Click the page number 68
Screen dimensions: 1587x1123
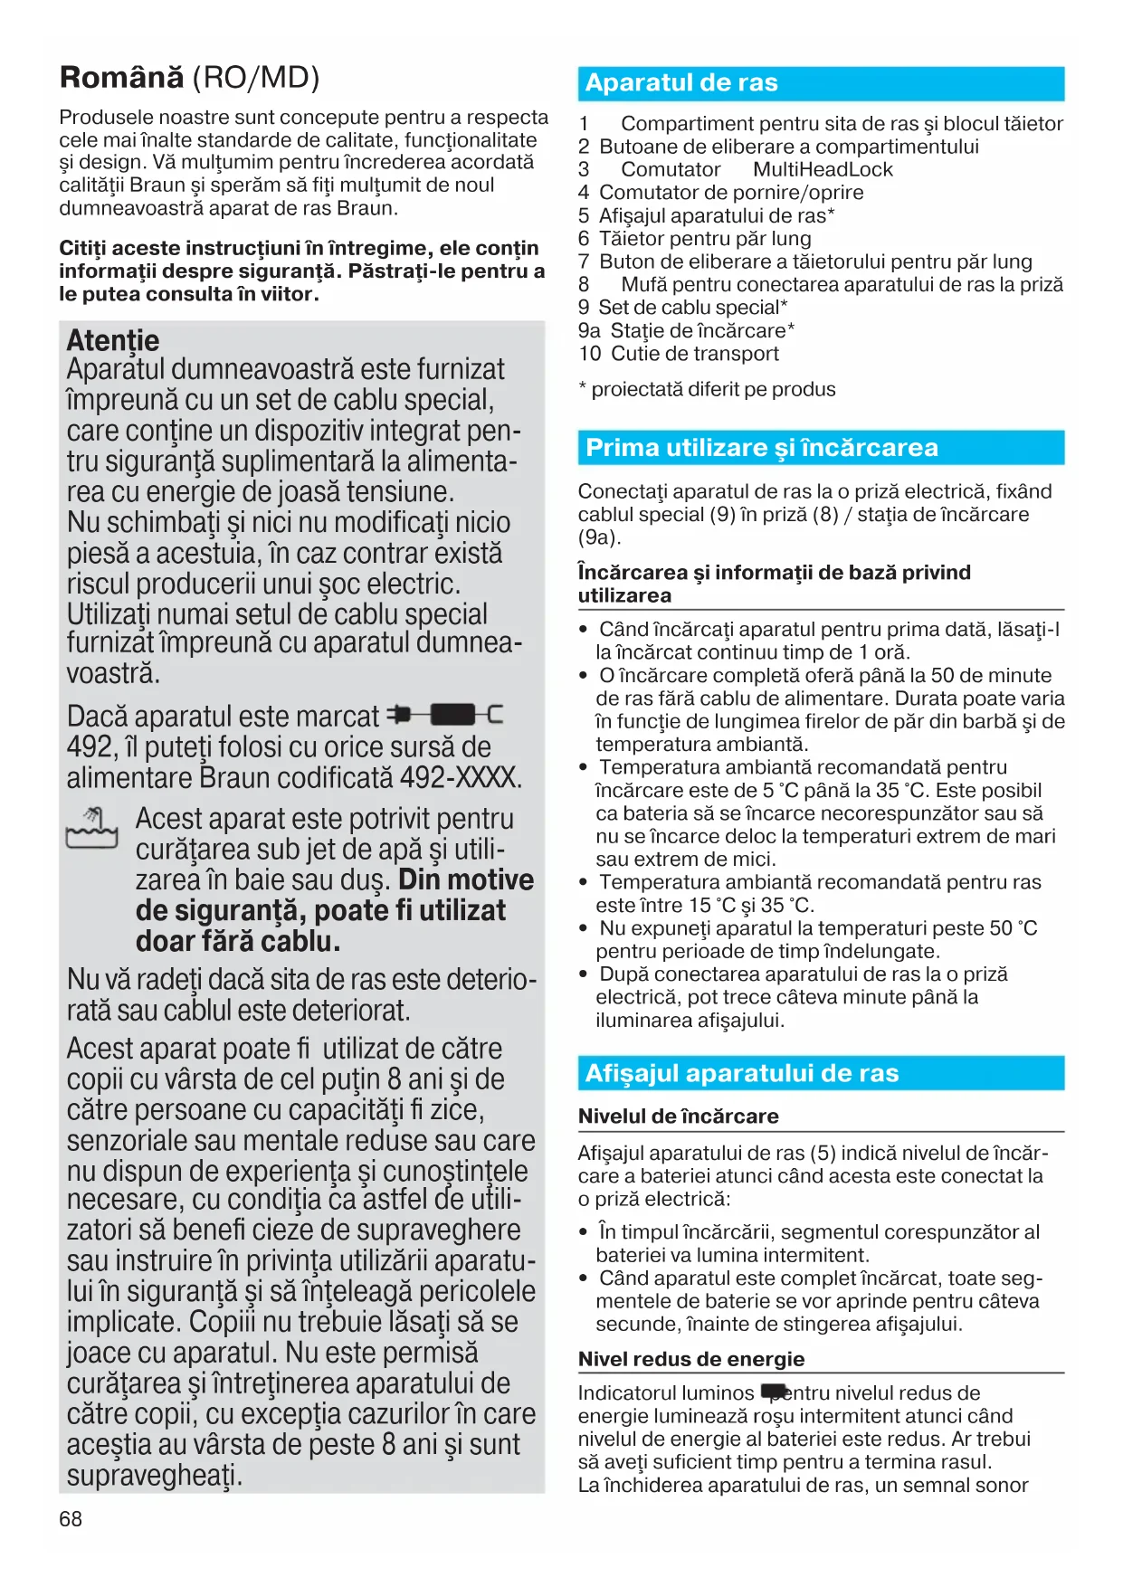coord(71,1519)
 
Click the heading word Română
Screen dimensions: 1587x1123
coord(121,78)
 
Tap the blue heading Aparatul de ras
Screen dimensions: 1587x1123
coord(681,83)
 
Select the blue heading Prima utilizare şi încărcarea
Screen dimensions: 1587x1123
coord(762,448)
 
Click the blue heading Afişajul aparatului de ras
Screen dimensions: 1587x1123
coord(741,1073)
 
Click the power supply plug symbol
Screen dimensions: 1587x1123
coord(444,715)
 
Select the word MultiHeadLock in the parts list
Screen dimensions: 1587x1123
coord(823,170)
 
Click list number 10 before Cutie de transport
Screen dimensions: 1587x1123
coord(590,354)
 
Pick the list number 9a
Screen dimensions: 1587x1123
coord(589,331)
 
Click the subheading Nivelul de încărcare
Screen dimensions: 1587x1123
coord(678,1117)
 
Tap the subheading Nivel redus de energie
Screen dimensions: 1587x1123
coord(691,1359)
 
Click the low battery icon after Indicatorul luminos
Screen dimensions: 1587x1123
coord(775,1392)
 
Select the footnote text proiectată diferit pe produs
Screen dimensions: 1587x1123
coord(713,389)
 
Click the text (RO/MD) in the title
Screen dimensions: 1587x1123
coord(256,78)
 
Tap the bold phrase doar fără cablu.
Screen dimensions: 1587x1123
coord(238,941)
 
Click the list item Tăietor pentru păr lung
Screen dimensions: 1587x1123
coord(705,239)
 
